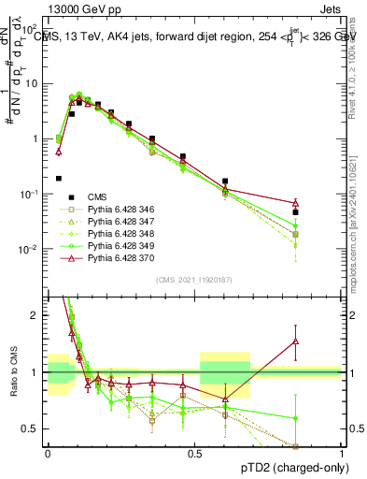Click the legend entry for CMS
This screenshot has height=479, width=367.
96,196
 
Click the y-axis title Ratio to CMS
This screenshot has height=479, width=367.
13,372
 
